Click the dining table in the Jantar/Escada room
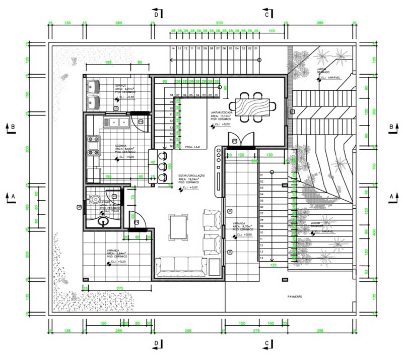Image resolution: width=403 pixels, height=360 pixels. pyautogui.click(x=257, y=106)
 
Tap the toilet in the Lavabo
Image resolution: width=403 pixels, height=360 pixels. pyautogui.click(x=96, y=199)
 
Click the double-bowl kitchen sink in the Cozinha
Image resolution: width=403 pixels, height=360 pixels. pyautogui.click(x=115, y=122)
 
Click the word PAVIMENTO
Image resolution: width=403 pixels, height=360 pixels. pyautogui.click(x=295, y=297)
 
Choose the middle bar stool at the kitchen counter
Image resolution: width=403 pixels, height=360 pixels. pyautogui.click(x=162, y=166)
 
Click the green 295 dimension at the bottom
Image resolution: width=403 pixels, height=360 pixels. pyautogui.click(x=186, y=331)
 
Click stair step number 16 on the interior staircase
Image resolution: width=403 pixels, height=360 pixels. pyautogui.click(x=171, y=146)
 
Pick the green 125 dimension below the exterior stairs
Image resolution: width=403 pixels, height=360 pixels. pyautogui.click(x=274, y=264)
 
